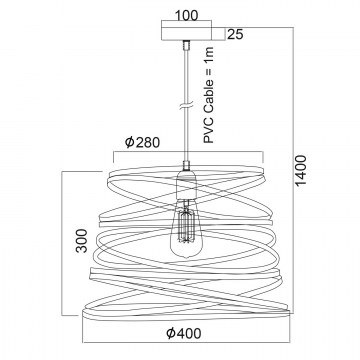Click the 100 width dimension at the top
coord(186,15)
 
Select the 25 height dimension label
coord(235,34)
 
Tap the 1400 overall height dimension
coord(300,170)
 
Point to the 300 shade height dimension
coord(82,240)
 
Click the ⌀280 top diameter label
coord(142,142)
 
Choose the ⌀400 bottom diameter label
coord(184,333)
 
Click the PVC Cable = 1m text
coord(209,95)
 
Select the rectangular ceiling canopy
coord(186,34)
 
